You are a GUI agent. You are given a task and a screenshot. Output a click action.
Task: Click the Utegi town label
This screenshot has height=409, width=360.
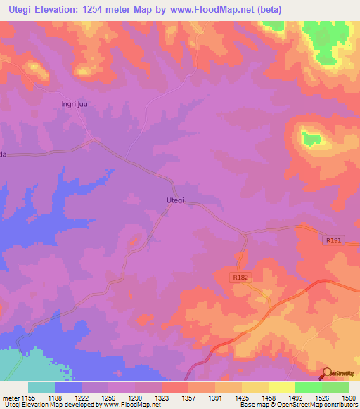pyautogui.click(x=175, y=200)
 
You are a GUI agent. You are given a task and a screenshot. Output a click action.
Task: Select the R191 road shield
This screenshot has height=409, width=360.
pyautogui.click(x=333, y=240)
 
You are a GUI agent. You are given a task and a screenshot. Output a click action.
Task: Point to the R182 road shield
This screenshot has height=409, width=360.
pyautogui.click(x=241, y=278)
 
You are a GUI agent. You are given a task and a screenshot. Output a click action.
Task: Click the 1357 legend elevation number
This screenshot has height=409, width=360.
pyautogui.click(x=185, y=398)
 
